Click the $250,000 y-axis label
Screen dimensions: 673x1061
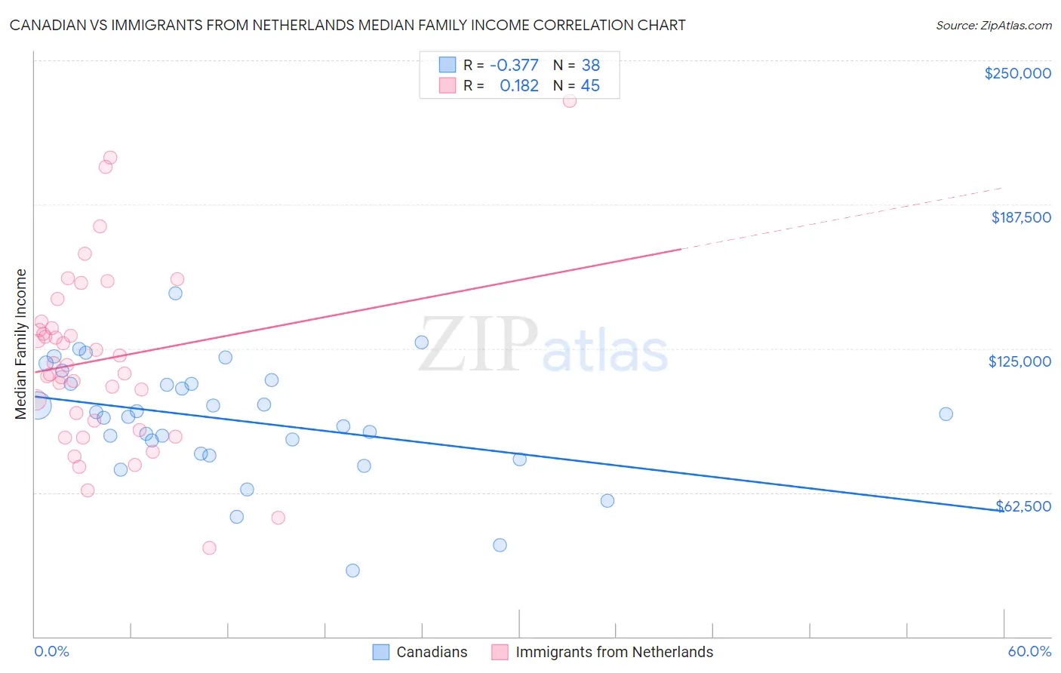(x=1017, y=73)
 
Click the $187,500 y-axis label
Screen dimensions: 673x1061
(x=1020, y=217)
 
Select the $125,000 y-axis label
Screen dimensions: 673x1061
(x=1019, y=361)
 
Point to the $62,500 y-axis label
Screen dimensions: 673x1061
(x=1023, y=506)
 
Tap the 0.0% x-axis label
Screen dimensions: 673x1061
(x=51, y=651)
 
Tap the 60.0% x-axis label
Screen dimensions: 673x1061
(x=1029, y=651)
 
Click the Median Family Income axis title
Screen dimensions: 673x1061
(x=20, y=343)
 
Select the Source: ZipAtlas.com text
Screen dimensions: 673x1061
(x=993, y=26)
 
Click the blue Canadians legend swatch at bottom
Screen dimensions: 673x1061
(x=381, y=652)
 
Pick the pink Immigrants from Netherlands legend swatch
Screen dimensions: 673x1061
(x=500, y=652)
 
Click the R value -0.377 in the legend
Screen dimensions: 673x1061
(x=514, y=65)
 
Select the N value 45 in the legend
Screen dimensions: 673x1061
(x=590, y=86)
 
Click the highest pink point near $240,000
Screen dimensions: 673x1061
(x=570, y=100)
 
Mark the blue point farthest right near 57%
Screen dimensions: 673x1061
(x=946, y=413)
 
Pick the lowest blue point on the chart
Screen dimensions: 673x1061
(x=352, y=570)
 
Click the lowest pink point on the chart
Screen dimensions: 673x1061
(x=210, y=548)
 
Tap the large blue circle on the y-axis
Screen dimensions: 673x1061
(x=37, y=404)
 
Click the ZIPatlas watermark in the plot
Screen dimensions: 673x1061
(x=543, y=346)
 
